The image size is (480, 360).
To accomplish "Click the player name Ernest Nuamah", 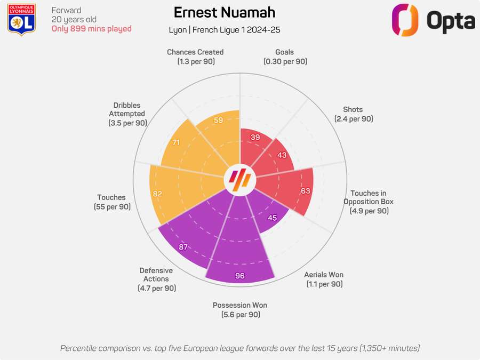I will pos(224,12).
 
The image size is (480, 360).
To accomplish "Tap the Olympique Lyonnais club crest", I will pos(22,20).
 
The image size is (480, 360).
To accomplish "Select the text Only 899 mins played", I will pos(91,29).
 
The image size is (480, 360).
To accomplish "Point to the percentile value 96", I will pos(239,276).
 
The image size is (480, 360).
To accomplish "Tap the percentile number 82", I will pos(157,194).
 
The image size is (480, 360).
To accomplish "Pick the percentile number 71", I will pos(177,143).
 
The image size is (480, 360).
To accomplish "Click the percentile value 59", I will pos(218,121).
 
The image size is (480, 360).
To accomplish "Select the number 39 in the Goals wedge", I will pos(255,137).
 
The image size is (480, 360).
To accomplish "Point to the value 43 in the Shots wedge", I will pos(281,155).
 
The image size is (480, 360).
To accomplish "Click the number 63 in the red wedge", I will pos(305,191).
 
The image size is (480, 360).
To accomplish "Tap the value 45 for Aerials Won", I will pos(272,218).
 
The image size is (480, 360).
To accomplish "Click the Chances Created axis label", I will pos(195,57).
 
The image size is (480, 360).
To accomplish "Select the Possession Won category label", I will pos(240,310).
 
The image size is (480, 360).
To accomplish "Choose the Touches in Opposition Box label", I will pos(369,202).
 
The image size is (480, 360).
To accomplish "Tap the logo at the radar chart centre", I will pos(239,181).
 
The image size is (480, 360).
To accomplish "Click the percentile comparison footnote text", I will pos(240,348).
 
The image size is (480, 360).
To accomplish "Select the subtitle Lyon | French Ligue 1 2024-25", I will pos(224,30).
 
